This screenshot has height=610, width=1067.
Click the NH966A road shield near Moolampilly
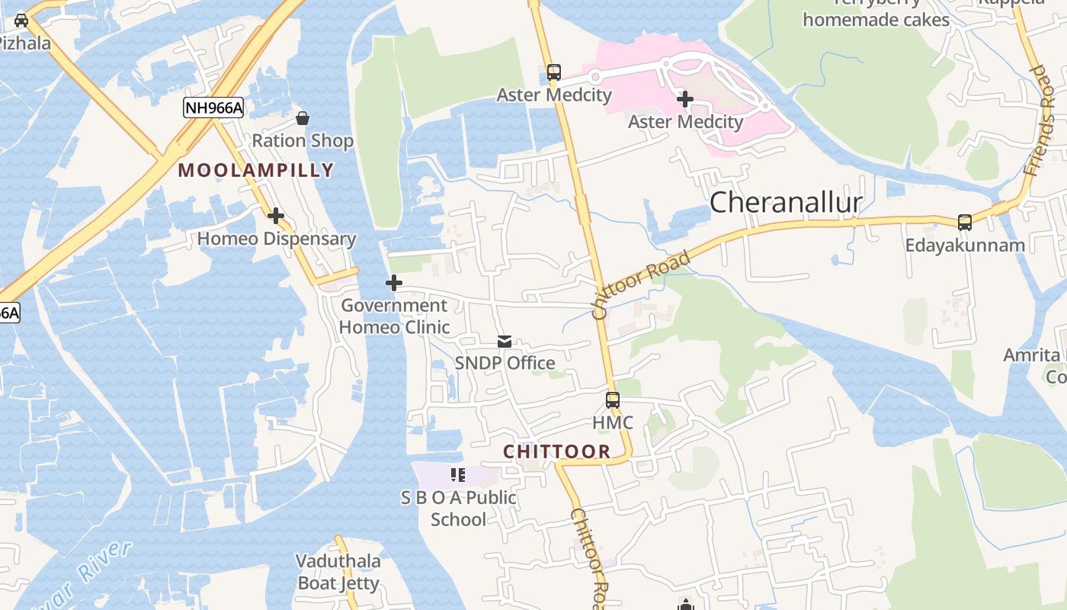213,108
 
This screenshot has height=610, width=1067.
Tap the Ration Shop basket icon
303,118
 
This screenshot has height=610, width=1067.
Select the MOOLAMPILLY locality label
256,170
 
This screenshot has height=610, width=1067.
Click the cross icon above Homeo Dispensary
276,216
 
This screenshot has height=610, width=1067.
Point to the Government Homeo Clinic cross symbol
394,283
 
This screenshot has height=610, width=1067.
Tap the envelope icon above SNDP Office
505,342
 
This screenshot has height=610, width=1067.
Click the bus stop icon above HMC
613,400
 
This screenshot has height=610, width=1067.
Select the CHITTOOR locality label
557,451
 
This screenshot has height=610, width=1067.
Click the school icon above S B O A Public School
458,475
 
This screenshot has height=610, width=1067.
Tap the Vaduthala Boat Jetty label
338,573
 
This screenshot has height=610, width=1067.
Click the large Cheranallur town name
786,203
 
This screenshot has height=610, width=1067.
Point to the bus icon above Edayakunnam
965,223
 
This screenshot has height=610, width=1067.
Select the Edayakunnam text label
965,246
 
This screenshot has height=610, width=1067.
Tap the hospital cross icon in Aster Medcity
685,99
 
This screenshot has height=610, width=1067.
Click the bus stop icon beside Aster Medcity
554,72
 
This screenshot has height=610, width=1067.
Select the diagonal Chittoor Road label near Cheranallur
642,284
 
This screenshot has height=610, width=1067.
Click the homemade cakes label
876,20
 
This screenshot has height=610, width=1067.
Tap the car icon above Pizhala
21,20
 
